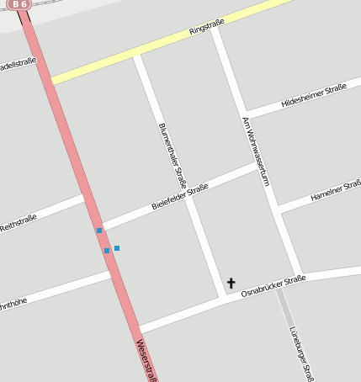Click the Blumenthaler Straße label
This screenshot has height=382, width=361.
tap(173, 156)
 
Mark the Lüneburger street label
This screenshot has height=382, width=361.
tap(301, 353)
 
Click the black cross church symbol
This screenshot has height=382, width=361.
tap(231, 284)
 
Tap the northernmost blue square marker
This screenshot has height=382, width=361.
tap(99, 231)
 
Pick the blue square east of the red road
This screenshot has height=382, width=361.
tap(117, 248)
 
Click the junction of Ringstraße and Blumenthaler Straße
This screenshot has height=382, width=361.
tap(136, 56)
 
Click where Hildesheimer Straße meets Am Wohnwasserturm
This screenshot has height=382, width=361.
tap(245, 115)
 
